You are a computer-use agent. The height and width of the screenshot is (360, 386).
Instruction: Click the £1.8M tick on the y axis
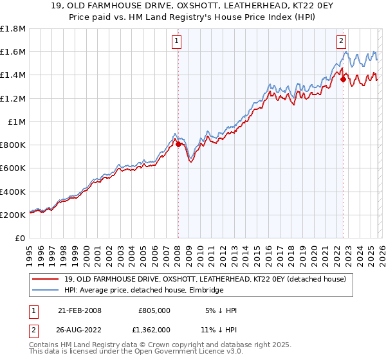13,29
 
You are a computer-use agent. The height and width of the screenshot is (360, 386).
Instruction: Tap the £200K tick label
13,215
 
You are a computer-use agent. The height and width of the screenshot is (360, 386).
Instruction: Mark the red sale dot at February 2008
178,145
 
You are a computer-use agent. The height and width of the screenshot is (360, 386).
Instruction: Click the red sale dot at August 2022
343,80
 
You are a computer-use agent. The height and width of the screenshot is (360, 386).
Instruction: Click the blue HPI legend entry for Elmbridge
143,291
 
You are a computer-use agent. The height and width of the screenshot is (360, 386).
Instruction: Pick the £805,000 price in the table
154,310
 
